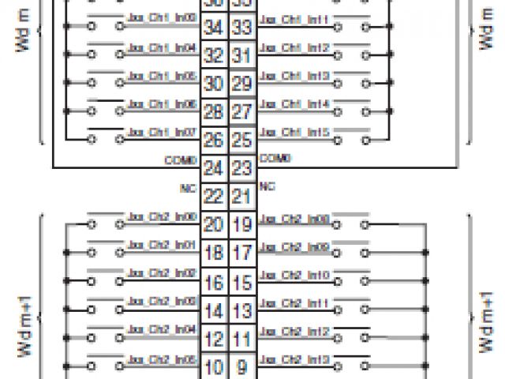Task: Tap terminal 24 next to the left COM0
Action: tap(213, 168)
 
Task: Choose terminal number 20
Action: tap(213, 224)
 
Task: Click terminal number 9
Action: tap(242, 367)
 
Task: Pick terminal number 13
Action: tap(242, 310)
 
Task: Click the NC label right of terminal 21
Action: tap(267, 187)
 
